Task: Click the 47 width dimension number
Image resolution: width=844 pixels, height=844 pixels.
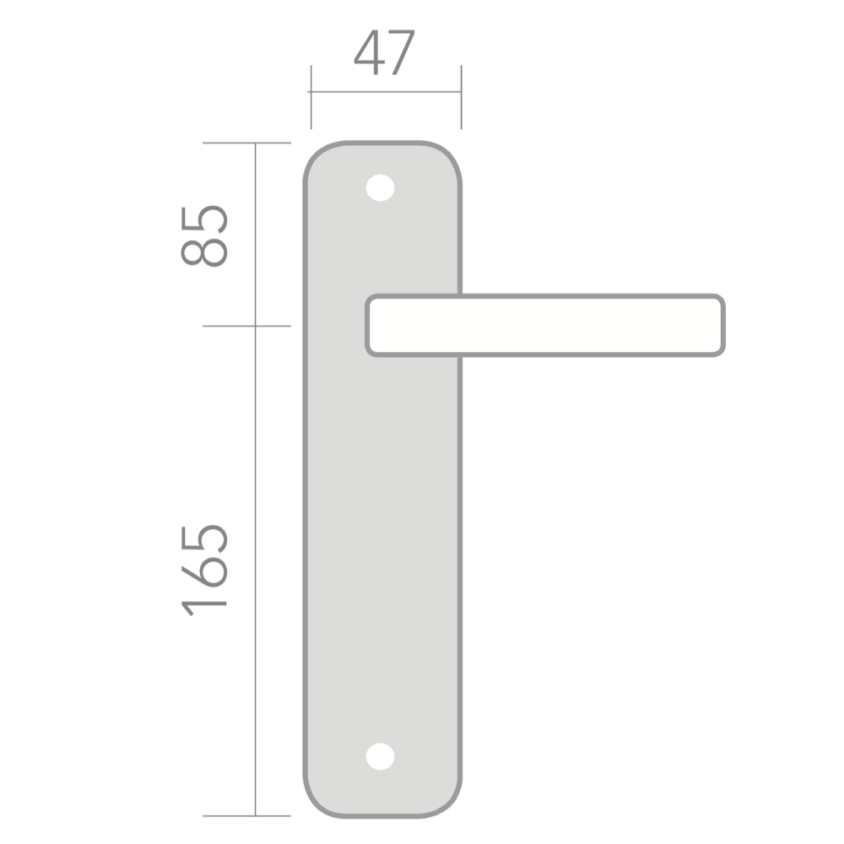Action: pos(384,52)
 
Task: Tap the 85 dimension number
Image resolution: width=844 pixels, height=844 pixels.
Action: pos(204,235)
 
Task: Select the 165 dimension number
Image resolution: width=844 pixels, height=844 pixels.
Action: pos(204,571)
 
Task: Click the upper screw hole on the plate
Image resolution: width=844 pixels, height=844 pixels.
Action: pos(380,188)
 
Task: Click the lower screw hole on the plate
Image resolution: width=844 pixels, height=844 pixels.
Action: pos(380,756)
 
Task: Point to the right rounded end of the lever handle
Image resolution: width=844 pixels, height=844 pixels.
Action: pos(722,325)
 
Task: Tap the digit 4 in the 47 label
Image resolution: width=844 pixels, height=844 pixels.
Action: pos(370,52)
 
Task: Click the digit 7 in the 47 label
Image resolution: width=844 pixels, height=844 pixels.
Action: pos(401,52)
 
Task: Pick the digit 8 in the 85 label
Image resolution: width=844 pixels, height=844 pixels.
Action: pos(204,252)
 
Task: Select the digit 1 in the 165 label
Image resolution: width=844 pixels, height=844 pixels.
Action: pos(204,605)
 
